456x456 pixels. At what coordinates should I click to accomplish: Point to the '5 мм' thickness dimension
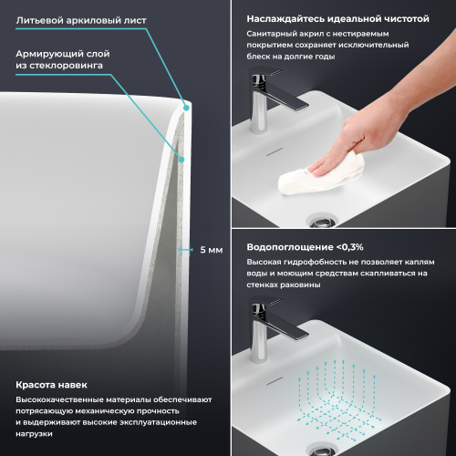pyautogui.click(x=210, y=248)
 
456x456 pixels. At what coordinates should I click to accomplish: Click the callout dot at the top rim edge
pyautogui.click(x=186, y=106)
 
